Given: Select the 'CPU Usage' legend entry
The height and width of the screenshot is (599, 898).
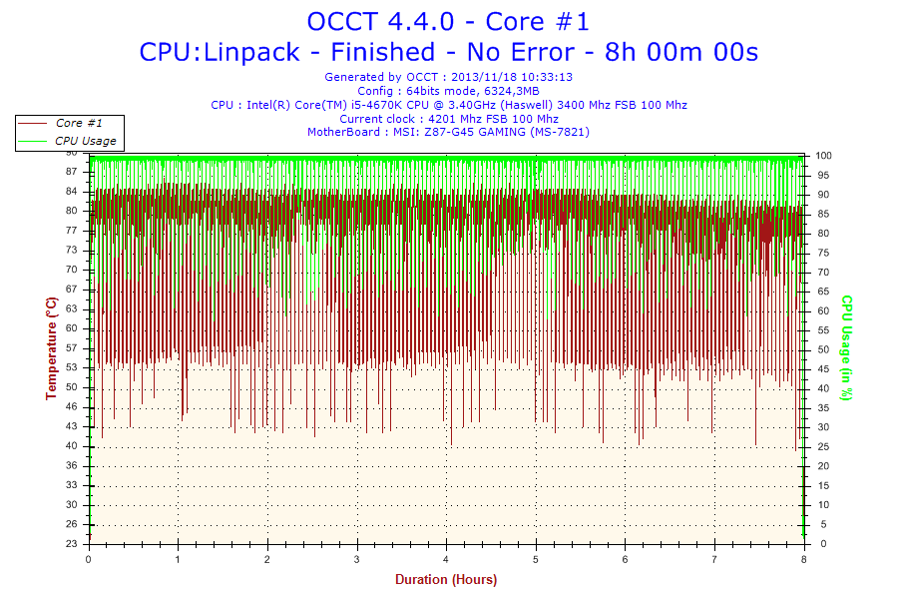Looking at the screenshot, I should pos(85,141).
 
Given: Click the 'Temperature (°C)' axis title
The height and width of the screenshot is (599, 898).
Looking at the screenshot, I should pos(51,348).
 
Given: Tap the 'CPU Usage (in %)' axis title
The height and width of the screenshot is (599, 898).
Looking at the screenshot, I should pos(847,347).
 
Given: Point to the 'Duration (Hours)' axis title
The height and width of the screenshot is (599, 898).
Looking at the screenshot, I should pos(446,579).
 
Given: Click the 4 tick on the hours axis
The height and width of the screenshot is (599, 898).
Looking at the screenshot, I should pos(447,560).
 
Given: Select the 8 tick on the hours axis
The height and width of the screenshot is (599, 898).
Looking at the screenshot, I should pos(804,560).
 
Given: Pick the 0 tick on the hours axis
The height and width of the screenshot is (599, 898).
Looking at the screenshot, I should pos(90,560).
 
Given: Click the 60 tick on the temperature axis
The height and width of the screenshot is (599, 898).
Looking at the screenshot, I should pos(73,328).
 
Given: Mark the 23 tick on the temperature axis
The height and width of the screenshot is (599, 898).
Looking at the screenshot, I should pos(73,544).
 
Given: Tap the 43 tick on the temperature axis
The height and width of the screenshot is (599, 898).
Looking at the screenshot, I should pos(73,426).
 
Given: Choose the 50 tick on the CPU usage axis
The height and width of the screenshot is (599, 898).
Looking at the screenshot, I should pos(823,349).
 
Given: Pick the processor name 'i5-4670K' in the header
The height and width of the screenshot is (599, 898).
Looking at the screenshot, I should pos(409,105).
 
